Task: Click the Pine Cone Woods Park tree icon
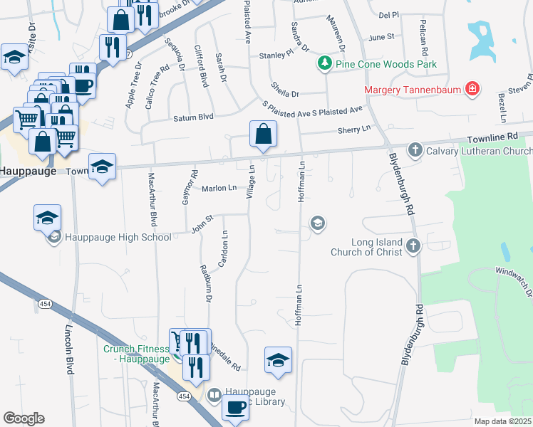(x=326, y=64)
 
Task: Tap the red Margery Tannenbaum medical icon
(x=471, y=90)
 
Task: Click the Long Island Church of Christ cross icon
(x=413, y=246)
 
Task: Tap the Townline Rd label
(x=492, y=135)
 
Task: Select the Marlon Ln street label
(x=219, y=188)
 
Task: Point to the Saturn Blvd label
(x=194, y=117)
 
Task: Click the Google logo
(x=23, y=418)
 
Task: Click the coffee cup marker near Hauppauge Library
(x=235, y=407)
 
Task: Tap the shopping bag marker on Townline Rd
(x=263, y=133)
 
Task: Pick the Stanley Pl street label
(x=276, y=54)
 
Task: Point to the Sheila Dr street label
(x=286, y=93)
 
